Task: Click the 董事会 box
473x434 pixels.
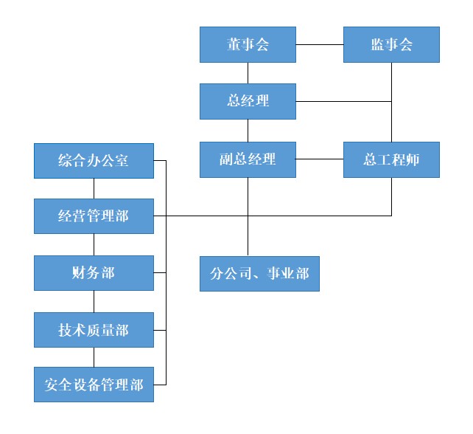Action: click(x=248, y=44)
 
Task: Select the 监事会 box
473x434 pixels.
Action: click(x=391, y=44)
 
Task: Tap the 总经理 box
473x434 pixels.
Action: click(x=248, y=101)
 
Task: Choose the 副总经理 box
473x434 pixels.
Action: click(x=248, y=159)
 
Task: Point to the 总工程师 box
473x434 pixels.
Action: click(x=391, y=159)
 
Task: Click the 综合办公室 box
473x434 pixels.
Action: click(x=94, y=160)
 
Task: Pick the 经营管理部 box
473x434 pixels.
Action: click(x=94, y=216)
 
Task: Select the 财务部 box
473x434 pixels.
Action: click(x=94, y=273)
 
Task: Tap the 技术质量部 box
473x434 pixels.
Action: click(x=94, y=330)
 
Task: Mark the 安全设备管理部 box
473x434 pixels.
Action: click(x=94, y=385)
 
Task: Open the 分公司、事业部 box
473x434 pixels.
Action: click(x=259, y=273)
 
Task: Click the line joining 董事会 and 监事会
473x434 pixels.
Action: click(x=320, y=44)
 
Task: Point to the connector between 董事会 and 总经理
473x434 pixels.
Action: click(x=248, y=72)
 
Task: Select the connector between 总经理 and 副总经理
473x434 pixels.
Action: click(x=248, y=130)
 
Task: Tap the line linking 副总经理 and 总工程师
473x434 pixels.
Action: click(x=320, y=159)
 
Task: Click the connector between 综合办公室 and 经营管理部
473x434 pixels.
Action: click(x=94, y=188)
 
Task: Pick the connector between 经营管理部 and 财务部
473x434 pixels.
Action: click(x=94, y=244)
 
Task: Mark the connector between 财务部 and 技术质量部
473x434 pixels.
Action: click(x=94, y=301)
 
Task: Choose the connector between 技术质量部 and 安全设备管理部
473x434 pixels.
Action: click(x=94, y=356)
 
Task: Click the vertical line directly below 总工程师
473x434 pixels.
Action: click(x=391, y=196)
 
